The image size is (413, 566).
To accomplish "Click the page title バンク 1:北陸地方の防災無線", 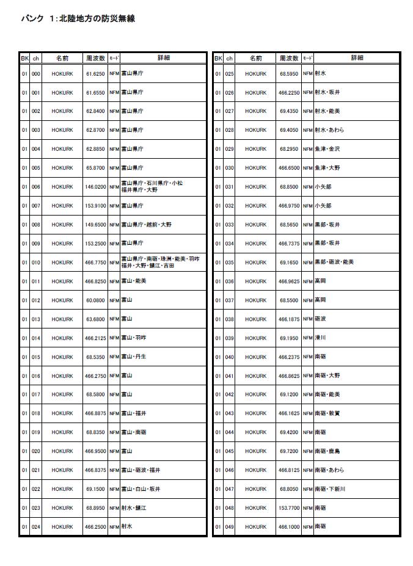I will click(78, 19).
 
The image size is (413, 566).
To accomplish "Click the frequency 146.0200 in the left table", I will click(95, 187).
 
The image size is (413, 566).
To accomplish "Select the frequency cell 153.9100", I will click(95, 206).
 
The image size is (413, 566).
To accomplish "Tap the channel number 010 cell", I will click(36, 263).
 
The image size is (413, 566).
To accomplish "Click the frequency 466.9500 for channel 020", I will click(95, 451).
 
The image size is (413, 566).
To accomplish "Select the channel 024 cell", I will click(36, 527).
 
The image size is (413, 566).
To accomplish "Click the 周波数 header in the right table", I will click(289, 59).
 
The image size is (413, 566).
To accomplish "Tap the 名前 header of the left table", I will click(62, 59).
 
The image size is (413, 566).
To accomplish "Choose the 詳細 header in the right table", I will click(357, 59).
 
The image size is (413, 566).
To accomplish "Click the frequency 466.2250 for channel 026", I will click(289, 93).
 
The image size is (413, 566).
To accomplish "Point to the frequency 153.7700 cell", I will click(289, 508).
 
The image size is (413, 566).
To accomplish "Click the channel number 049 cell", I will click(230, 527).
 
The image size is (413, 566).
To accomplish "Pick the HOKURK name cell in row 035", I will click(256, 263).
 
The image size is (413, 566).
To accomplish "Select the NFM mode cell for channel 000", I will click(114, 74).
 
